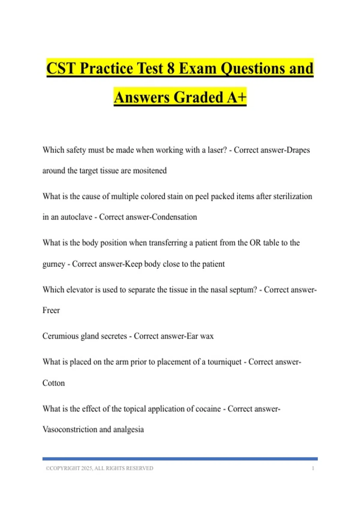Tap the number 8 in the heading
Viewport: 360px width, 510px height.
pyautogui.click(x=171, y=68)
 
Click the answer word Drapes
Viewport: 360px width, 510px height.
pyautogui.click(x=298, y=150)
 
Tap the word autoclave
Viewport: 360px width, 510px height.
pyautogui.click(x=76, y=217)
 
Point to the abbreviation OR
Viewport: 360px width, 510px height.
pyautogui.click(x=255, y=243)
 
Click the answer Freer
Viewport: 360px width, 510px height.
pyautogui.click(x=51, y=310)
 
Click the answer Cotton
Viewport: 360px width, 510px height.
pyautogui.click(x=53, y=383)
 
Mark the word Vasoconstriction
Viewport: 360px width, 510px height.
pyautogui.click(x=70, y=430)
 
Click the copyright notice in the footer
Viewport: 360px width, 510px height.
pyautogui.click(x=99, y=468)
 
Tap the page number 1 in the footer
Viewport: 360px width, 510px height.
pyautogui.click(x=313, y=468)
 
